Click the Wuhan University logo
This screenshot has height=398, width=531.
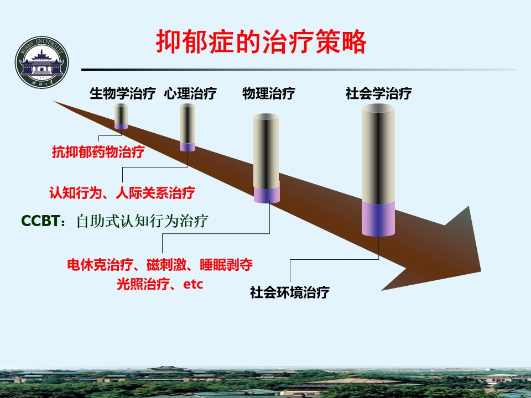41,62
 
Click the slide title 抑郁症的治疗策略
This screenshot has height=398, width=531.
261,42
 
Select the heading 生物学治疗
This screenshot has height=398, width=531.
123,93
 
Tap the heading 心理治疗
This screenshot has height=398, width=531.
190,93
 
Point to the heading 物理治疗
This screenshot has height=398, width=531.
269,93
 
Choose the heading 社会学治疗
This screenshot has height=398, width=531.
378,93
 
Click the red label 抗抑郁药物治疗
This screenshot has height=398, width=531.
98,152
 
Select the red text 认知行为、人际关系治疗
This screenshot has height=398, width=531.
122,193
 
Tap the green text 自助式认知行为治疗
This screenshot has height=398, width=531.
142,221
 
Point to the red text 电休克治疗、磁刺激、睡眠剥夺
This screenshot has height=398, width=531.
160,264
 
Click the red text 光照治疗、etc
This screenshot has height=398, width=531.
160,284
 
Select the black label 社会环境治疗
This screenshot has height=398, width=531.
290,292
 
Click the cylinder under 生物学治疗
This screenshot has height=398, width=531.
121,116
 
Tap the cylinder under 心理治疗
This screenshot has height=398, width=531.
188,127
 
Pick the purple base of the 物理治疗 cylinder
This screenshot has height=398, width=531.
267,193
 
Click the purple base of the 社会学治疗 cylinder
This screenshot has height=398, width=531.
378,219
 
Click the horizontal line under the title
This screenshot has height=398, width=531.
299,70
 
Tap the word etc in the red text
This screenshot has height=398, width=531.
193,284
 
